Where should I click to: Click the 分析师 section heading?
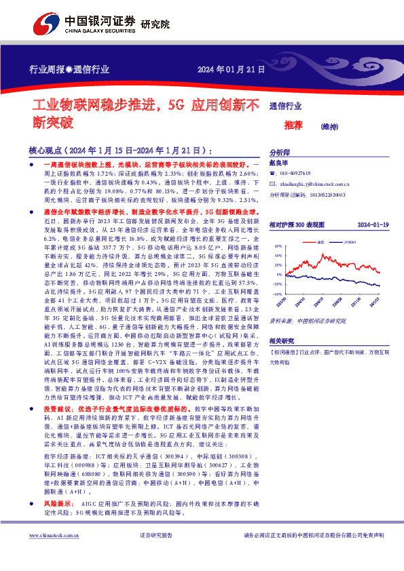[x=280, y=153]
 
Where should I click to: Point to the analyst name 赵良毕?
[x=278, y=164]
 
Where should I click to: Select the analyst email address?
[x=314, y=184]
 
